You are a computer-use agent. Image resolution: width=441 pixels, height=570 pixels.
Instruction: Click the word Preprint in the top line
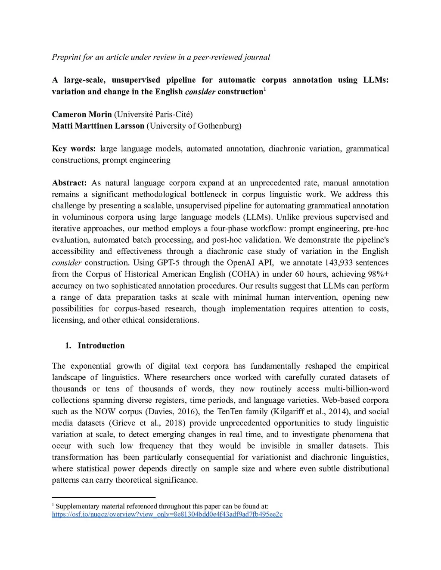[x=66, y=57]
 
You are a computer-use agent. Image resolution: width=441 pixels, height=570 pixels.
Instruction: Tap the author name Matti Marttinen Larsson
[x=98, y=126]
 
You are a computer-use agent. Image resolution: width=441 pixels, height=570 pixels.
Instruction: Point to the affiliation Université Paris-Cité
[x=153, y=114]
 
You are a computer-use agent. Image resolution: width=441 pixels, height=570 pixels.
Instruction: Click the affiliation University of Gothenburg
[x=194, y=126]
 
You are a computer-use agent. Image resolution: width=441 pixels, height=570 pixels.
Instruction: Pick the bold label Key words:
[x=74, y=149]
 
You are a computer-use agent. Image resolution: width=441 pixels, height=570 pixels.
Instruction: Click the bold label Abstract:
[x=69, y=183]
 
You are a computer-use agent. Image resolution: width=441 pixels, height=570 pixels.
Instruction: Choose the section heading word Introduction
[x=101, y=345]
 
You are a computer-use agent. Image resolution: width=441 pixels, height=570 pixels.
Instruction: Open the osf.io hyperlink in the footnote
[x=167, y=515]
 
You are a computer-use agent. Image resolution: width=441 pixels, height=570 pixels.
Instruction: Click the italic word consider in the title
[x=200, y=92]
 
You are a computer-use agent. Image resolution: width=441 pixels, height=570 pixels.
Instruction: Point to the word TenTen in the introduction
[x=230, y=412]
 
